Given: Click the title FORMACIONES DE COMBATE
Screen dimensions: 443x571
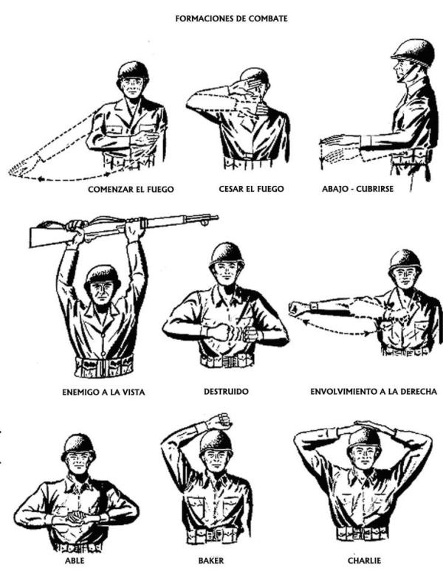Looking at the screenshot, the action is point(231,18).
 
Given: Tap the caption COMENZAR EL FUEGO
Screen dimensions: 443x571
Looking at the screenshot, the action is point(131,190).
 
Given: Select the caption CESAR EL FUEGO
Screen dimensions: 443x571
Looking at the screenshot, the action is point(251,189).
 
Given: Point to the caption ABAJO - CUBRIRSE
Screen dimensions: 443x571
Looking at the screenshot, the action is point(358,189).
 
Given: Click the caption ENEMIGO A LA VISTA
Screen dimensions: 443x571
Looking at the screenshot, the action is point(103,392).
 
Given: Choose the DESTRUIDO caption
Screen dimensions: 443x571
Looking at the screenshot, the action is point(226,392).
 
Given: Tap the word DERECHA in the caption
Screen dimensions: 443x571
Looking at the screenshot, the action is point(419,392).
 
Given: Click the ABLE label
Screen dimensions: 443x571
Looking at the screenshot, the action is point(75,560).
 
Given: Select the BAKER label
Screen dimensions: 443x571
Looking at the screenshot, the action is point(211,560).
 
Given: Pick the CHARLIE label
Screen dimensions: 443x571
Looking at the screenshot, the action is point(364,560).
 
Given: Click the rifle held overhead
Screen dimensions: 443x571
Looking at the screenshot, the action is point(124,229).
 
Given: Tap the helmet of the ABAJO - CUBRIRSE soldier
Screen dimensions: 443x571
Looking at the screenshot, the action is point(413,53).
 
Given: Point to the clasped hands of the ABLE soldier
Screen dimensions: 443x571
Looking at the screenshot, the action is point(78,516).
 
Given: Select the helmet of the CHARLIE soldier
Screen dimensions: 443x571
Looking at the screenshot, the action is point(364,440).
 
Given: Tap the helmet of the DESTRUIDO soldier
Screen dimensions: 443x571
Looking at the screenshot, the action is point(227,255).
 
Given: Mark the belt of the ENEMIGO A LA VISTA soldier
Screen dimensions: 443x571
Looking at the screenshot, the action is point(104,367).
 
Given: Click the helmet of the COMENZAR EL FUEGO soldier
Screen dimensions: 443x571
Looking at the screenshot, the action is point(134,72).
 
